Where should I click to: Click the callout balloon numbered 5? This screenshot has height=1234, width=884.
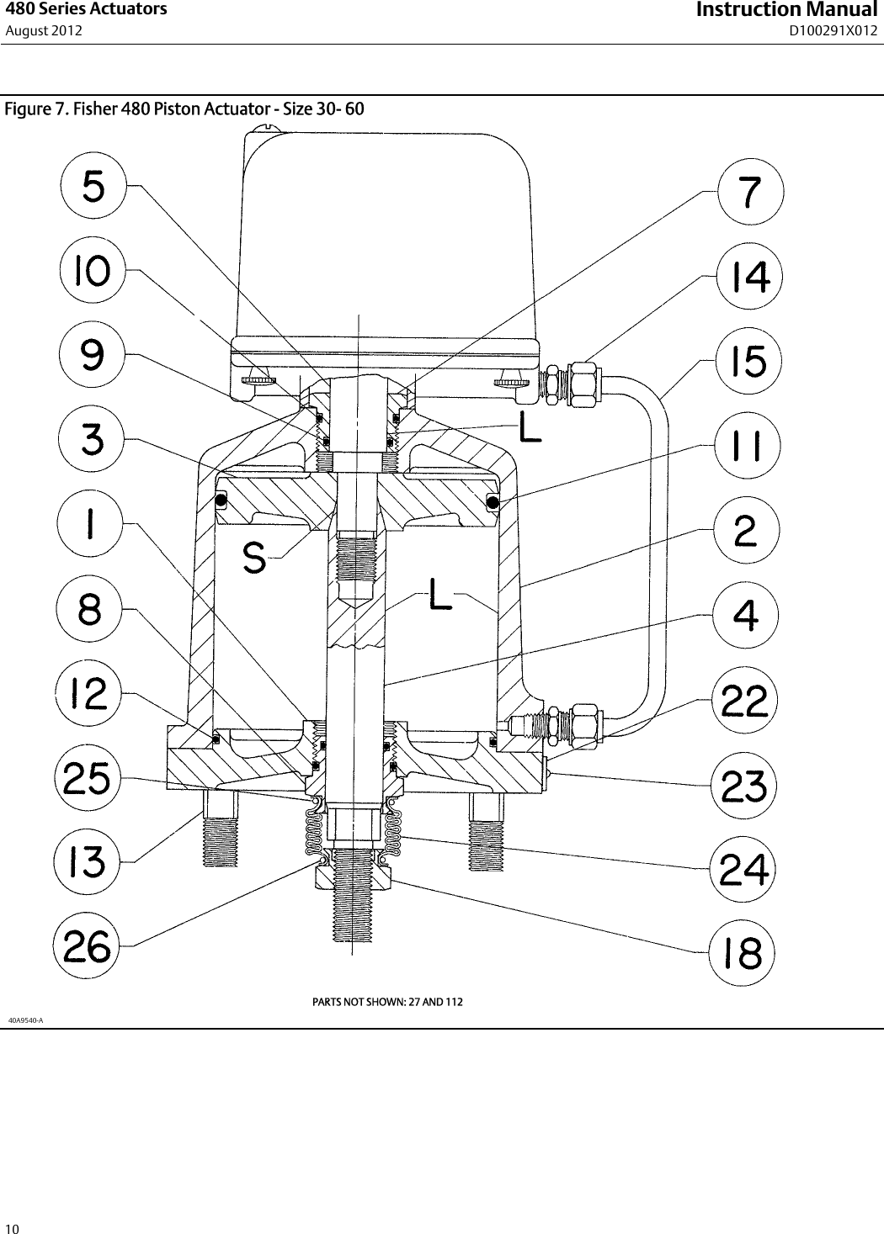pyautogui.click(x=93, y=187)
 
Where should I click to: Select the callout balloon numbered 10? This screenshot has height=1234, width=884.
pyautogui.click(x=93, y=272)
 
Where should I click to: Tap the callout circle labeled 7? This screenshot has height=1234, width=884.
pyautogui.click(x=750, y=193)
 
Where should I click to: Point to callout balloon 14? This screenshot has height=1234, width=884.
pyautogui.click(x=749, y=278)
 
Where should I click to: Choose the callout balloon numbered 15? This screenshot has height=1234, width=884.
pyautogui.click(x=748, y=362)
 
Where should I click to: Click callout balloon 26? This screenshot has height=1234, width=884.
pyautogui.click(x=88, y=947)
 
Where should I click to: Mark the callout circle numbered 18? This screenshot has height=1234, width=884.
pyautogui.click(x=742, y=954)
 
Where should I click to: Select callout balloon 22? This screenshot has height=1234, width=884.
pyautogui.click(x=745, y=700)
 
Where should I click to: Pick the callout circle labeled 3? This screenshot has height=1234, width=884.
pyautogui.click(x=92, y=439)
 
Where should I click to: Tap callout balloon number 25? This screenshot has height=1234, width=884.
pyautogui.click(x=88, y=778)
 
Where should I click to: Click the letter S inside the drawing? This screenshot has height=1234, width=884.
pyautogui.click(x=254, y=558)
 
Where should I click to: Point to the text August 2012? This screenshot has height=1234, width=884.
pyautogui.click(x=44, y=31)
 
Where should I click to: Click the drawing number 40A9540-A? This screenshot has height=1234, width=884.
pyautogui.click(x=25, y=1020)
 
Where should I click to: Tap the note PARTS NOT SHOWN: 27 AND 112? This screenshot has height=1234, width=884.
pyautogui.click(x=387, y=1002)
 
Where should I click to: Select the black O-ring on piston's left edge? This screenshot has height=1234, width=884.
pyautogui.click(x=221, y=501)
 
